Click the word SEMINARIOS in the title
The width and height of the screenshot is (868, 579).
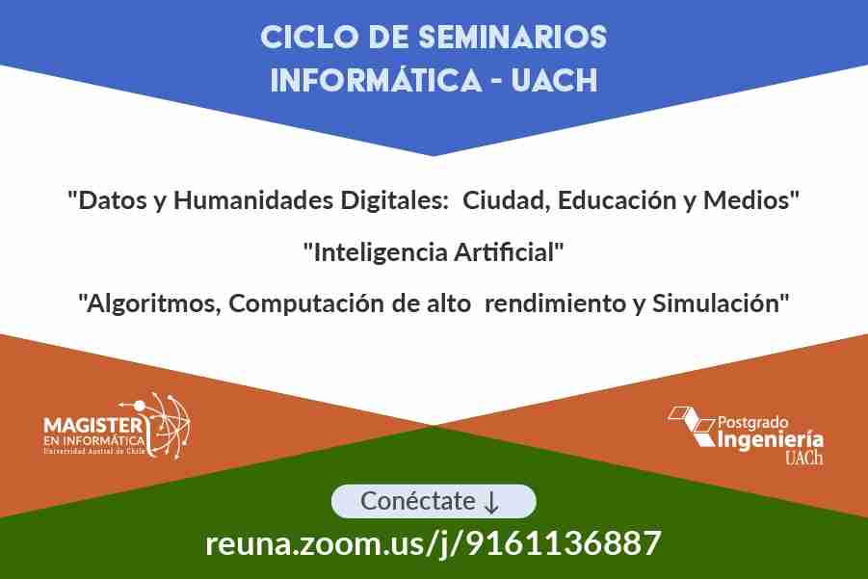pyautogui.click(x=513, y=38)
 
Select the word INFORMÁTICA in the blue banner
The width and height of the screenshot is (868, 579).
pyautogui.click(x=376, y=80)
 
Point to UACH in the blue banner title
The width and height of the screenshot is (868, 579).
pyautogui.click(x=555, y=80)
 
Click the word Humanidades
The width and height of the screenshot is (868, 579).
pyautogui.click(x=253, y=200)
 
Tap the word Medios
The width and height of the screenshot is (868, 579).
pyautogui.click(x=747, y=200)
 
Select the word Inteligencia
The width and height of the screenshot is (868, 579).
pyautogui.click(x=381, y=253)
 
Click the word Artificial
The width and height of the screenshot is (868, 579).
pyautogui.click(x=504, y=251)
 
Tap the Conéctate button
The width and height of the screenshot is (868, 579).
pyautogui.click(x=434, y=502)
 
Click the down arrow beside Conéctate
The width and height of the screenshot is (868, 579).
pyautogui.click(x=491, y=503)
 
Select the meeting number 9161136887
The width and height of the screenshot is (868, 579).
pyautogui.click(x=564, y=543)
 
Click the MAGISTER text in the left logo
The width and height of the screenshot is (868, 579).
pyautogui.click(x=93, y=425)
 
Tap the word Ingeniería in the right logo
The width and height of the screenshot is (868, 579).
pyautogui.click(x=770, y=440)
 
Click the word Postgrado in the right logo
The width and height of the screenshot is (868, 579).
pyautogui.click(x=753, y=423)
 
